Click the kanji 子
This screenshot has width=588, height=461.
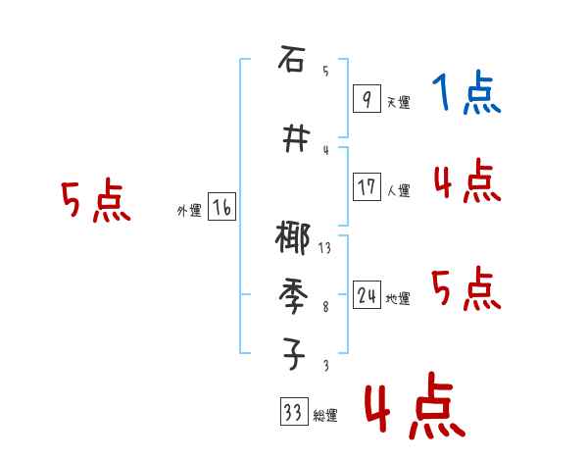pos(291,353)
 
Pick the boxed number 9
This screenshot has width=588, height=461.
pos(366,100)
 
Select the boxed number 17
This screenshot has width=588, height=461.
pos(367,186)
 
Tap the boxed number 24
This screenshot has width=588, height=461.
pos(367,296)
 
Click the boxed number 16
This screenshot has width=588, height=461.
pos(221,208)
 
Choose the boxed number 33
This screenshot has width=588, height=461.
pos(292,413)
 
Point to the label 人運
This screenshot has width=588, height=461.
pos(398,190)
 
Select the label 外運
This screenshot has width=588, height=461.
pos(188,211)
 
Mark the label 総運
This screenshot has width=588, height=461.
pos(324,416)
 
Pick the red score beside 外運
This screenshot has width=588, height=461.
pos(95,202)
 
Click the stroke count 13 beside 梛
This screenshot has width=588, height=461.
pos(324,249)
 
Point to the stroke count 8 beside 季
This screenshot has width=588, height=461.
pos(325,307)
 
